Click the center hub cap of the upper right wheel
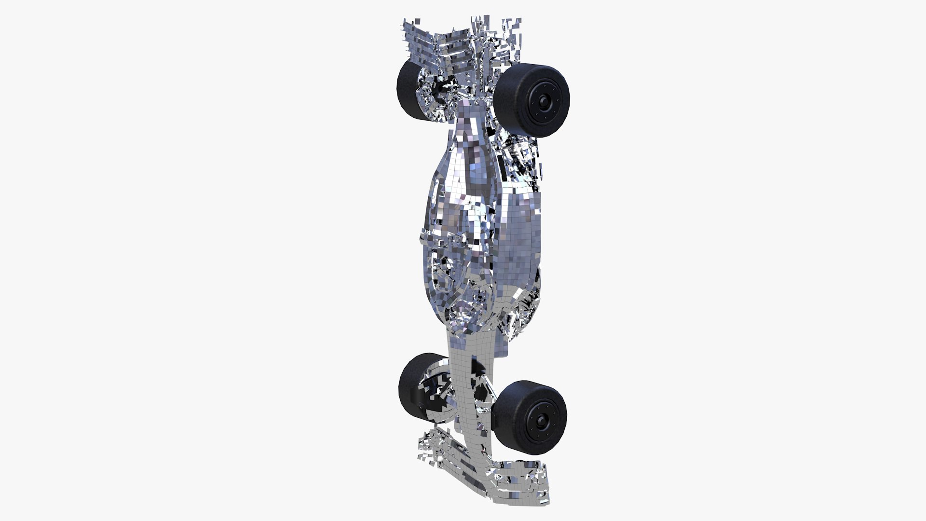545,101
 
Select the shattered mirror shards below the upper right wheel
523,159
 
